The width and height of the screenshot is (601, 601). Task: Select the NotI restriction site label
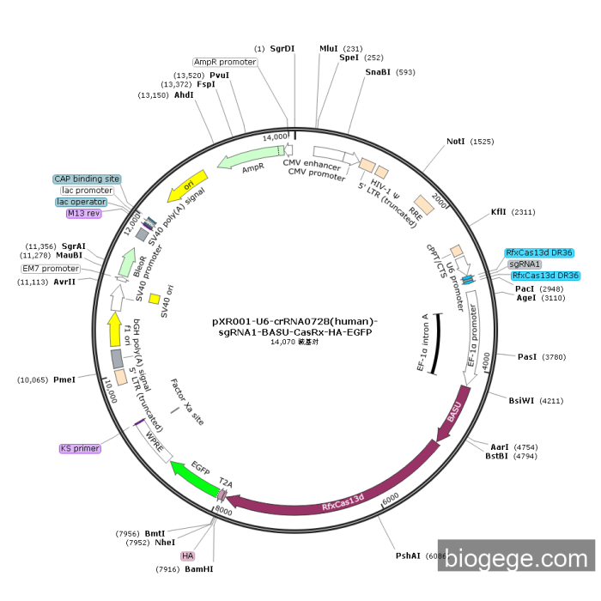tap(458, 142)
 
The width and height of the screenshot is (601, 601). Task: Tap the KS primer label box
tap(80, 448)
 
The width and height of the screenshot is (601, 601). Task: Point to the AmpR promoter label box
tap(225, 62)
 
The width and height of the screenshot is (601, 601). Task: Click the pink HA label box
tap(188, 555)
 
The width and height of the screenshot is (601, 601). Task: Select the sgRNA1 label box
tap(525, 264)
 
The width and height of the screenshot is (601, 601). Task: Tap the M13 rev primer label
tap(84, 213)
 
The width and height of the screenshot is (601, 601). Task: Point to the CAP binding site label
tap(87, 179)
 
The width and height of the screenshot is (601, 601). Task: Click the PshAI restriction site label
tap(408, 555)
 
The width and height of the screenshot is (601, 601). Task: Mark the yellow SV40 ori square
tap(155, 299)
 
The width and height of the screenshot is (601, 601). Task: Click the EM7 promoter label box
tap(51, 269)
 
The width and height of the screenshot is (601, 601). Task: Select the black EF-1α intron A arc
tap(434, 343)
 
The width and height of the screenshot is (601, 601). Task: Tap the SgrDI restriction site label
tap(282, 49)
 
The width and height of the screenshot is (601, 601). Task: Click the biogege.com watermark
tap(516, 559)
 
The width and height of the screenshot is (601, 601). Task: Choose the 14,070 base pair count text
tap(294, 342)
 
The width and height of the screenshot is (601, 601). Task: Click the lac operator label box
tap(82, 202)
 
